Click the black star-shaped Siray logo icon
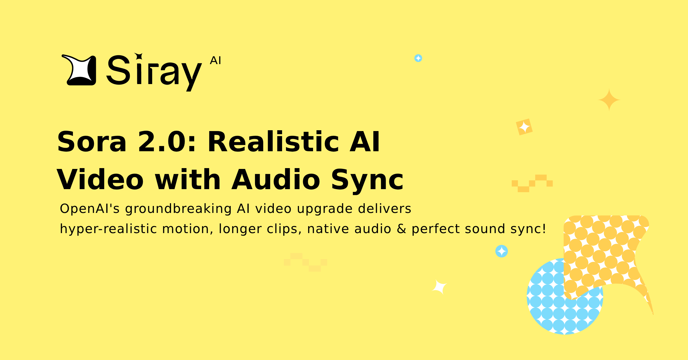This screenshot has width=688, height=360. (79, 70)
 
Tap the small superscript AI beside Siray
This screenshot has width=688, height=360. (215, 61)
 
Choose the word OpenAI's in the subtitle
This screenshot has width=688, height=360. (90, 209)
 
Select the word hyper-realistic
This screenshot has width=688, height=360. (108, 229)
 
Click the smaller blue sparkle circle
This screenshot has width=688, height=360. (418, 58)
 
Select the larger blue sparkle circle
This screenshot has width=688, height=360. (501, 251)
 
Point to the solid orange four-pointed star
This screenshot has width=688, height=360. (609, 100)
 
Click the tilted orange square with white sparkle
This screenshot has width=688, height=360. (524, 127)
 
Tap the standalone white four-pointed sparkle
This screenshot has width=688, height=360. (439, 287)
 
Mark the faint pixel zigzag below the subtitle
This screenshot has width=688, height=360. (306, 262)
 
